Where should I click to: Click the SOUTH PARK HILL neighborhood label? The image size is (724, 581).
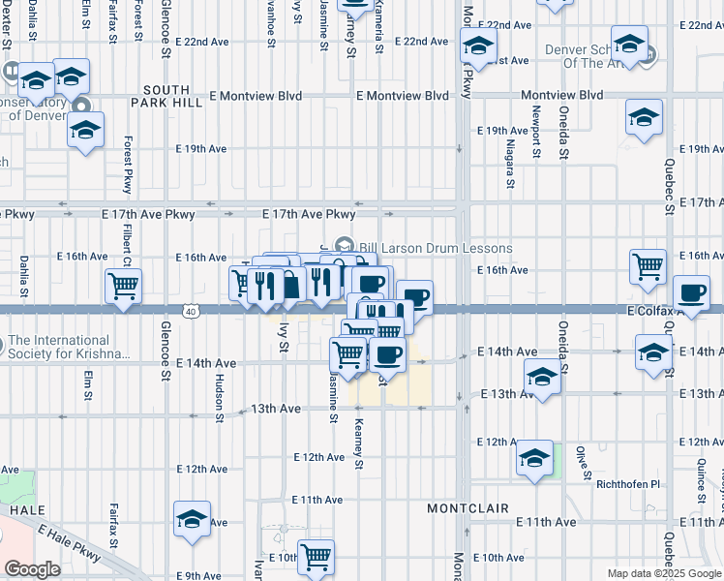[166, 97]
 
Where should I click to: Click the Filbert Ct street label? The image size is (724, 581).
[127, 247]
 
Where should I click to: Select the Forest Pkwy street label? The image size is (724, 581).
[127, 164]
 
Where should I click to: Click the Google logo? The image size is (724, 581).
[32, 569]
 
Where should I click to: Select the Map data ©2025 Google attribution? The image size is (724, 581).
[664, 573]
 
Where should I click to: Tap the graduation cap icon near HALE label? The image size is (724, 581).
[193, 520]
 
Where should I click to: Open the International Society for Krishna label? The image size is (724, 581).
[68, 347]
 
